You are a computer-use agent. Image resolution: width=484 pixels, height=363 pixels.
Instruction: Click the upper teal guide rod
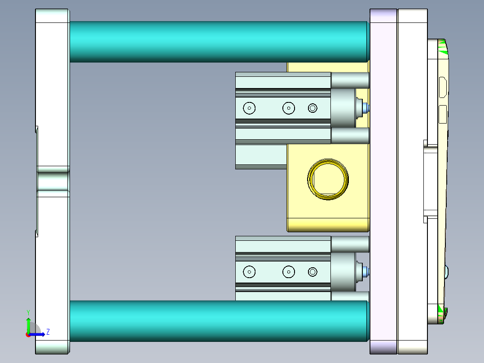218,41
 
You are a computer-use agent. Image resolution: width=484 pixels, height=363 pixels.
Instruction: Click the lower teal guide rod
218,321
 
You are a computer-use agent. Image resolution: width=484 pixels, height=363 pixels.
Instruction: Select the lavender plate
383,181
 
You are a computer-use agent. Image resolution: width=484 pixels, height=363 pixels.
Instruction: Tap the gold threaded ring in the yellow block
328,178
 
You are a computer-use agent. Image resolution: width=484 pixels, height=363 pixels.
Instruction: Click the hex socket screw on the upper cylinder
312,108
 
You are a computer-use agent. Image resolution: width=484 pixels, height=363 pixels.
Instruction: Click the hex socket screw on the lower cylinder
312,271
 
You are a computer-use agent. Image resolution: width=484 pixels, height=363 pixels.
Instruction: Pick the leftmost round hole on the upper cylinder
249,108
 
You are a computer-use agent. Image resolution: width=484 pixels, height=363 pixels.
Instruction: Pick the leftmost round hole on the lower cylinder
249,271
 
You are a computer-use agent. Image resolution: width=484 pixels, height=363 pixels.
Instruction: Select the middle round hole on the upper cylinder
288,108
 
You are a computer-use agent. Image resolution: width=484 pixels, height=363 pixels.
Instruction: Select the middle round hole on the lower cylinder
288,271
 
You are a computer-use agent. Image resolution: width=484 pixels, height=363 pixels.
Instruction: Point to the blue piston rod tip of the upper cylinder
367,108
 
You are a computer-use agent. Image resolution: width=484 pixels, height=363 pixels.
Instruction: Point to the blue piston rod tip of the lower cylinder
367,271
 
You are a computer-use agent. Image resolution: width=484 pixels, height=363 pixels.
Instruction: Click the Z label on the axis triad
48,332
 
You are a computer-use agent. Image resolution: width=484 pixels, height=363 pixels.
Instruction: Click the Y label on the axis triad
28,312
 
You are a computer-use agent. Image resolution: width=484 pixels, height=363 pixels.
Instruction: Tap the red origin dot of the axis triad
28,334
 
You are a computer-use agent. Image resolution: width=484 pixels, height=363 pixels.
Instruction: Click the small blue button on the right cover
447,271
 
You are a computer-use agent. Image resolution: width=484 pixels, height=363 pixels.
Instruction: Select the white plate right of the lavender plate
412,181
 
